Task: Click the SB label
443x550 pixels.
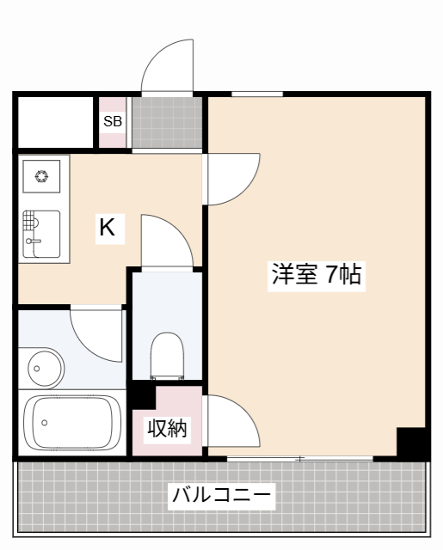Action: coord(113,121)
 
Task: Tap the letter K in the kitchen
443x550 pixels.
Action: coord(107,228)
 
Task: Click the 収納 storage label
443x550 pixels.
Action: coord(166,428)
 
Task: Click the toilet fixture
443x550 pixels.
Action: coord(167,355)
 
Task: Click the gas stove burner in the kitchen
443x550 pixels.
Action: coord(41,176)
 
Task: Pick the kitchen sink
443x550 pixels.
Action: coord(41,232)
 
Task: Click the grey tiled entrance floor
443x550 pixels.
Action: coord(167,123)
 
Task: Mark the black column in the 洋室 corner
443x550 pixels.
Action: coord(411,442)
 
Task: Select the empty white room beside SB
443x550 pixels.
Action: coord(54,123)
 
